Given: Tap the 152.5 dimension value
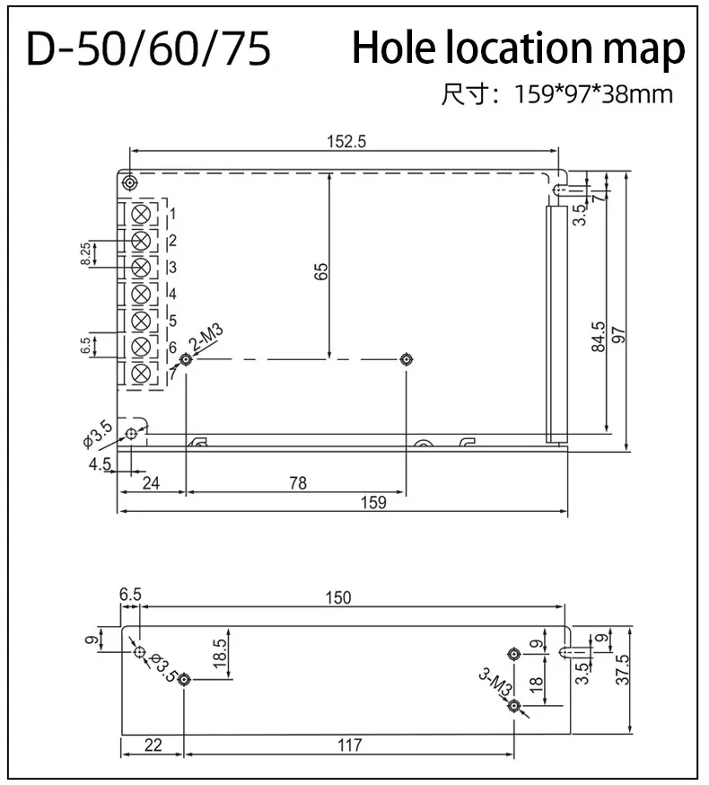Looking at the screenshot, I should coord(346,141).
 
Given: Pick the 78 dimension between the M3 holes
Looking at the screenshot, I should coord(297,483).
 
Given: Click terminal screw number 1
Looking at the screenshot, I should coord(141,215).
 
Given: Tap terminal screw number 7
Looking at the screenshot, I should coord(141,373).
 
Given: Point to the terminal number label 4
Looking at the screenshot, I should coord(171,294).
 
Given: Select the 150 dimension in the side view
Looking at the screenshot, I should coord(338,597).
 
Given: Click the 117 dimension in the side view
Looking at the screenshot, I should coord(349,745).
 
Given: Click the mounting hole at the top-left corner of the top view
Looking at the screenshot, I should coord(130,182).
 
